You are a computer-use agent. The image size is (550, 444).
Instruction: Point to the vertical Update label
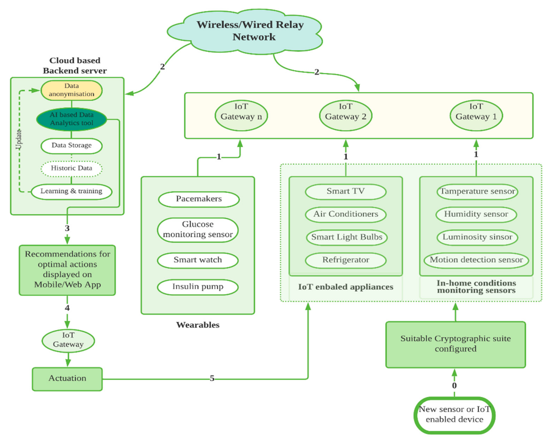[x=19, y=139]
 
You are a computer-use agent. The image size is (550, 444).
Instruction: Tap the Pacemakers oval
[x=199, y=199]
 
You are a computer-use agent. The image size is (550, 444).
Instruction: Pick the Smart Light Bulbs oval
[x=346, y=237]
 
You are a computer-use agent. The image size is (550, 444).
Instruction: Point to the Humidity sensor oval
[x=476, y=214]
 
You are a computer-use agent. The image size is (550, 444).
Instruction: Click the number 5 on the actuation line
[x=212, y=378]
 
